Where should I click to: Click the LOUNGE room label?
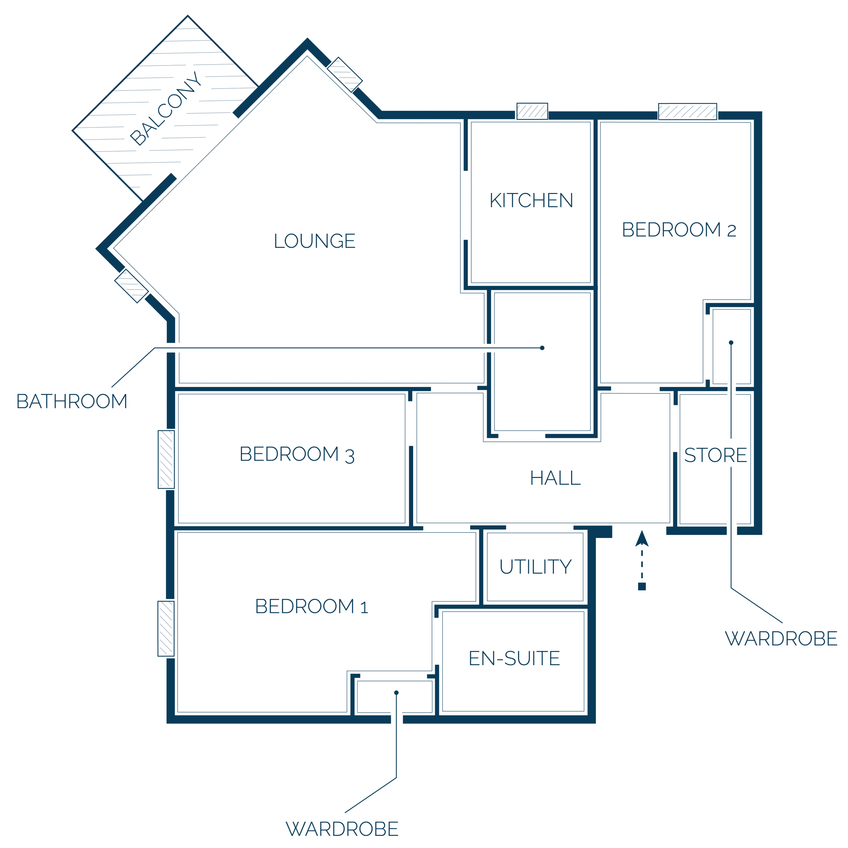pyautogui.click(x=314, y=240)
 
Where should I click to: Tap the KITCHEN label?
pyautogui.click(x=531, y=200)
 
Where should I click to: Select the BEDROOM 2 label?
pyautogui.click(x=679, y=230)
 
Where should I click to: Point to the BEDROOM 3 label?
pyautogui.click(x=297, y=454)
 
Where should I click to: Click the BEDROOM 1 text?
pyautogui.click(x=311, y=606)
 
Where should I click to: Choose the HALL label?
pyautogui.click(x=555, y=478)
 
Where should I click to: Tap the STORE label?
pyautogui.click(x=715, y=455)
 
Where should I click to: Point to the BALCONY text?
pyautogui.click(x=166, y=109)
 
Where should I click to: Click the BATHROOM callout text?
pyautogui.click(x=72, y=401)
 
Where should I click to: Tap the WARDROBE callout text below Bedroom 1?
pyautogui.click(x=342, y=829)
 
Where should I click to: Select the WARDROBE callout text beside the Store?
pyautogui.click(x=781, y=639)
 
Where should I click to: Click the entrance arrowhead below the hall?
pyautogui.click(x=642, y=539)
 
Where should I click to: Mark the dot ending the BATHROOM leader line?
pyautogui.click(x=542, y=348)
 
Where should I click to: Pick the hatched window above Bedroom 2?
pyautogui.click(x=687, y=112)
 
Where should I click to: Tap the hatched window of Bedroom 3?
pyautogui.click(x=166, y=460)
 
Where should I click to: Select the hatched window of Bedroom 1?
pyautogui.click(x=166, y=629)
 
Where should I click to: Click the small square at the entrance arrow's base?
pyautogui.click(x=642, y=586)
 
